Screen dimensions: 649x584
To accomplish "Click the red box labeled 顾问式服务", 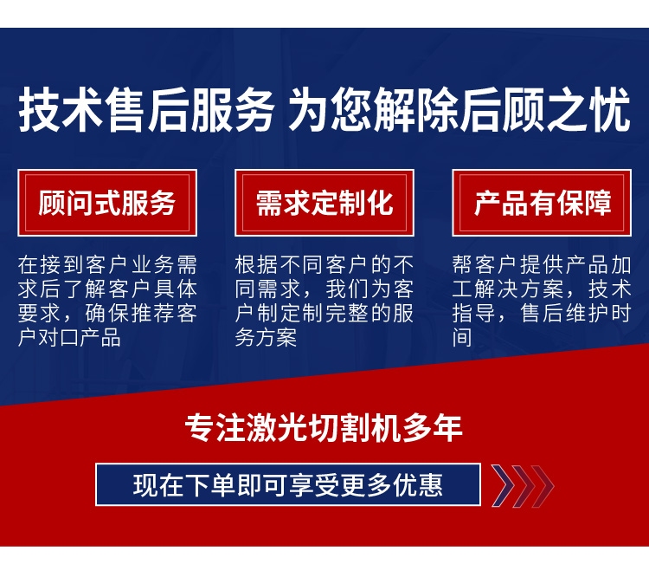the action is tap(107, 203).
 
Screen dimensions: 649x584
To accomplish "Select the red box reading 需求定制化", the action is tap(324, 203).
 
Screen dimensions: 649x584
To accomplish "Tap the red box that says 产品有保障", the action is tap(542, 203).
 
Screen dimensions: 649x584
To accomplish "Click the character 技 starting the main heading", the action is tap(39, 109).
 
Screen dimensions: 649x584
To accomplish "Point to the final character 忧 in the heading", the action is tap(609, 109).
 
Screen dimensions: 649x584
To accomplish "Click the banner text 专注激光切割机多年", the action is tap(324, 428).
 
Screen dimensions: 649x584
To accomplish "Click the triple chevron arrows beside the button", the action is tap(523, 486).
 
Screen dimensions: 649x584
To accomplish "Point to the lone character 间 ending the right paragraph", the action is tap(462, 337).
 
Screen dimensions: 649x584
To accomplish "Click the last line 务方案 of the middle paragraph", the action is tap(266, 337).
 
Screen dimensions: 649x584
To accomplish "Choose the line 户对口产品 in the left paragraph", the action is tap(69, 337).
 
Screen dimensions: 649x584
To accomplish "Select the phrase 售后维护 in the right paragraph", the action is tap(564, 314).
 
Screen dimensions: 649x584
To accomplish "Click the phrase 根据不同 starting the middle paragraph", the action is tap(280, 265).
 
